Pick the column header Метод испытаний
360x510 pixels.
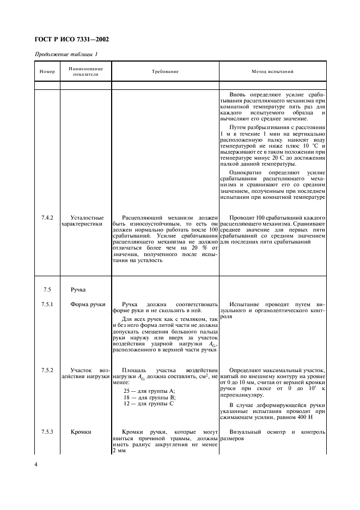click(272, 71)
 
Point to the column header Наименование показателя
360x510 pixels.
click(86, 71)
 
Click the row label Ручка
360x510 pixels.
click(78, 290)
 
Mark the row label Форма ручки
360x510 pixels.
click(87, 304)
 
